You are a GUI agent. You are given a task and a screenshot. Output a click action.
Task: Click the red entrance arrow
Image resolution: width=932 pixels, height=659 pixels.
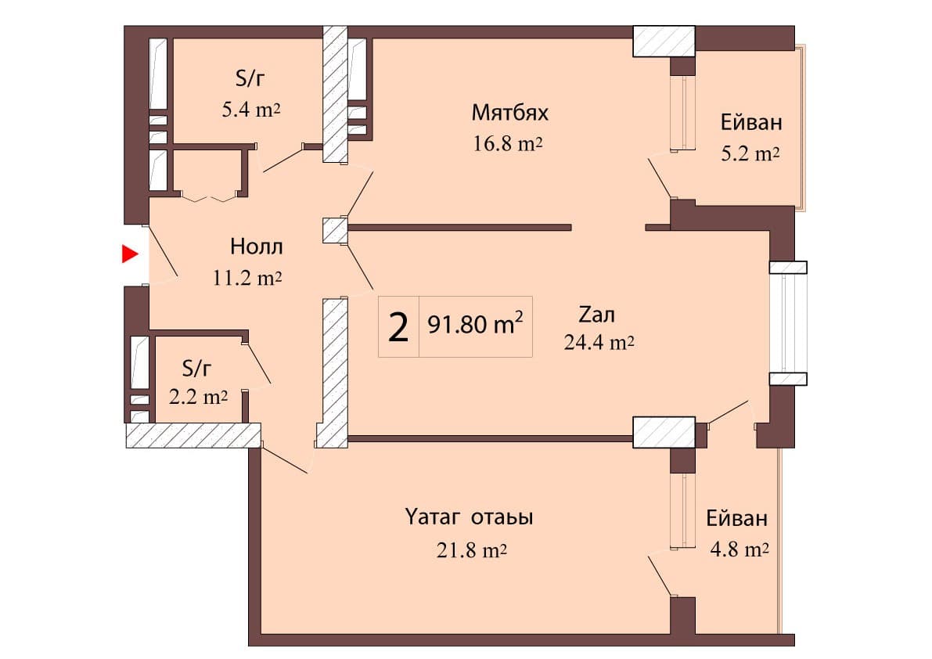(x=130, y=254)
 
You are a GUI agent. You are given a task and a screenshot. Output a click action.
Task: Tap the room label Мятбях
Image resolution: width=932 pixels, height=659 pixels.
(x=510, y=113)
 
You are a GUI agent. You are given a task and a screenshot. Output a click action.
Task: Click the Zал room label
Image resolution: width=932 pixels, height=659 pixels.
(x=597, y=315)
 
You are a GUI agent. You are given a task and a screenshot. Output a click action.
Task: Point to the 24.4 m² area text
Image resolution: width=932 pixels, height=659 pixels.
(x=598, y=342)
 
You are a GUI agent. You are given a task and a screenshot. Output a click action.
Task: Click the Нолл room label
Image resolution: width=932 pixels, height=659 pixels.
(x=257, y=247)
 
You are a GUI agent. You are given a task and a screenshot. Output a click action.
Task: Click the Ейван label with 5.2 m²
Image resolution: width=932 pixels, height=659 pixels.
(x=751, y=123)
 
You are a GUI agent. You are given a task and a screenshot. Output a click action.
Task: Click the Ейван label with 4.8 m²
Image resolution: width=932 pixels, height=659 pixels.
(x=736, y=518)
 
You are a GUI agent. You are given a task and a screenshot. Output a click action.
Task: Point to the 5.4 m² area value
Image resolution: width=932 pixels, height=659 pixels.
(x=251, y=110)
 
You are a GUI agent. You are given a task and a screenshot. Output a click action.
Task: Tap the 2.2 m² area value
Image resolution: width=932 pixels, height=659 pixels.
(x=199, y=397)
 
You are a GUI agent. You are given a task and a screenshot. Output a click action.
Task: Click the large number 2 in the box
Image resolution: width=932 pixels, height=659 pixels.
(x=398, y=327)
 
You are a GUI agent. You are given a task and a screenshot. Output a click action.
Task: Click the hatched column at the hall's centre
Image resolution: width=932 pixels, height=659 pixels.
(x=334, y=229)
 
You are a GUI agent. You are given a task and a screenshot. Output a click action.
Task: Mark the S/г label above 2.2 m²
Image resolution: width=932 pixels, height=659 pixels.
(x=197, y=367)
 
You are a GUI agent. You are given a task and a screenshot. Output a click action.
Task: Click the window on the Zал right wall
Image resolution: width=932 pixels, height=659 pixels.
(x=787, y=322)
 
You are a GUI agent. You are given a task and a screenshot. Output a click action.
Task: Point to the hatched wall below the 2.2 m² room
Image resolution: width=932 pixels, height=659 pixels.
(x=193, y=435)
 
